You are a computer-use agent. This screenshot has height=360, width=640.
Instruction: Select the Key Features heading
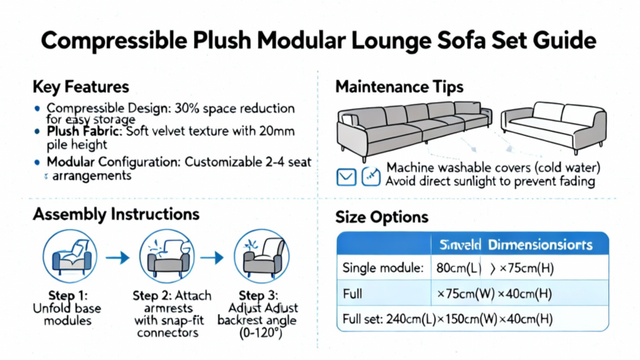tap(80, 87)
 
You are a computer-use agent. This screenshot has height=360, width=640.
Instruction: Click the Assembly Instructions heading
tap(116, 214)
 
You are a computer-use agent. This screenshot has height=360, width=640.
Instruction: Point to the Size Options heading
tap(382, 217)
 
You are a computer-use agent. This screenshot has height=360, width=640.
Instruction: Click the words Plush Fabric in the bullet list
tap(83, 132)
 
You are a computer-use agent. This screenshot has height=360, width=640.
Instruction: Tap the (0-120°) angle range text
tap(260, 333)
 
